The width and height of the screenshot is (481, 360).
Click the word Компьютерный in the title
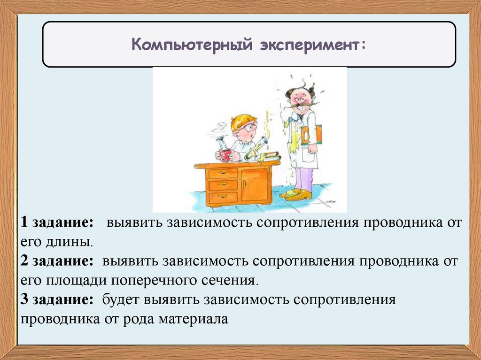[x=192, y=45]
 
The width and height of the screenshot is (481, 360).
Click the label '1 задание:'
[x=57, y=222]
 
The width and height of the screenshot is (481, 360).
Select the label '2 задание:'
[x=57, y=261]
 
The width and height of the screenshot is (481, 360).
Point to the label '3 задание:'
[x=57, y=299]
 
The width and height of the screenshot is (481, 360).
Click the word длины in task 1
[x=69, y=242]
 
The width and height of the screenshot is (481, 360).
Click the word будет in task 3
[x=121, y=299]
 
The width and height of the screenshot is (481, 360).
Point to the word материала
[x=193, y=319]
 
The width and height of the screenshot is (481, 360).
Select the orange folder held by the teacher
[x=312, y=134]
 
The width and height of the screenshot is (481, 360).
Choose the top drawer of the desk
[x=223, y=173]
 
